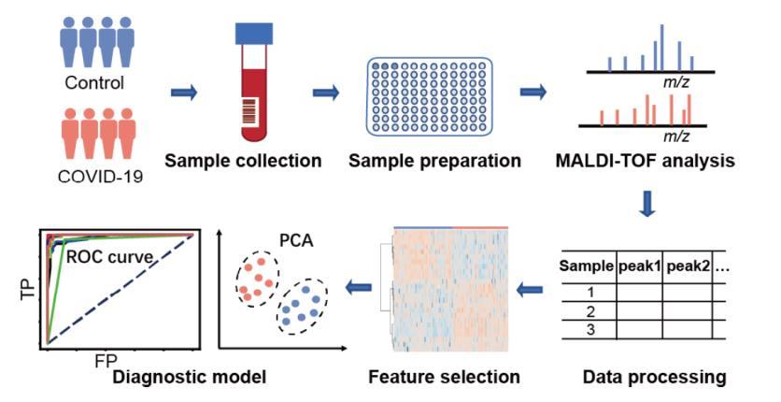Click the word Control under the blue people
pos(94,82)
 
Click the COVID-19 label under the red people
pos(100,177)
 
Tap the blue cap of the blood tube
pos(254,34)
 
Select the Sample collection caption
pos(243,161)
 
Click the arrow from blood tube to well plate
pos(326,93)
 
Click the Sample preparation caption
pos(434,161)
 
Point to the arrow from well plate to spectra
pos(532,93)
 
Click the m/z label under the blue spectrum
pos(676,82)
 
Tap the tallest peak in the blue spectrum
pos(662,48)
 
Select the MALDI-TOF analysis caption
pos(646,161)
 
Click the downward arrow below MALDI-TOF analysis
pos(647,203)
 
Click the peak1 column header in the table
pos(639,266)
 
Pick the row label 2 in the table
pos(590,312)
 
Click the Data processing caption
pos(655,377)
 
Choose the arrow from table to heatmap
pos(529,289)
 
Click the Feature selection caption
pos(445,377)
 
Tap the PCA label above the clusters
pos(296,240)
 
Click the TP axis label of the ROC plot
pos(29,289)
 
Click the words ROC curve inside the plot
pos(109,257)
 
